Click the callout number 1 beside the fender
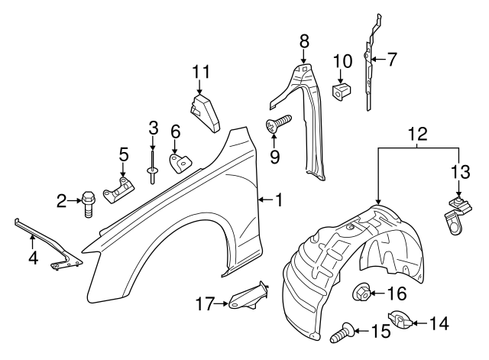(279, 200)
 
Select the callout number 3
(153, 127)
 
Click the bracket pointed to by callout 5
(121, 186)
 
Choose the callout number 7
(392, 58)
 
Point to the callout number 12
(417, 132)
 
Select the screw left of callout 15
(344, 332)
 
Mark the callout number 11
(200, 71)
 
